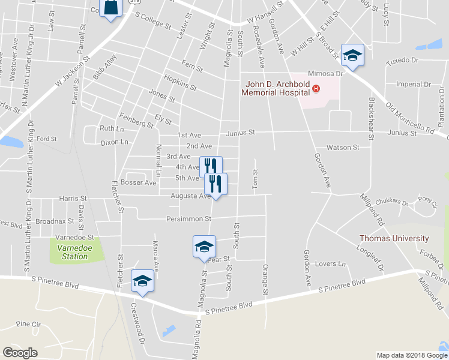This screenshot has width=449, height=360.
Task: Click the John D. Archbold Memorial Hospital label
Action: (276, 88)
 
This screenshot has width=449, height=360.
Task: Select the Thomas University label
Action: (394, 238)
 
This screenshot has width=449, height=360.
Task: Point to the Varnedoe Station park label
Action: (72, 252)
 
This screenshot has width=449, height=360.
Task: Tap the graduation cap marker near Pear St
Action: (204, 247)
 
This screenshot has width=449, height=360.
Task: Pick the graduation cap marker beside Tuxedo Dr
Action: (352, 55)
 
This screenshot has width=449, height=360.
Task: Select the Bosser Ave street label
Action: (138, 182)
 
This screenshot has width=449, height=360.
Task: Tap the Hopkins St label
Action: (180, 83)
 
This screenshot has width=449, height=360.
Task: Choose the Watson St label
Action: (343, 147)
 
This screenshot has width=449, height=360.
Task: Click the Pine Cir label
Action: (28, 324)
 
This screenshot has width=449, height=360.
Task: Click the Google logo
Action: (20, 353)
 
